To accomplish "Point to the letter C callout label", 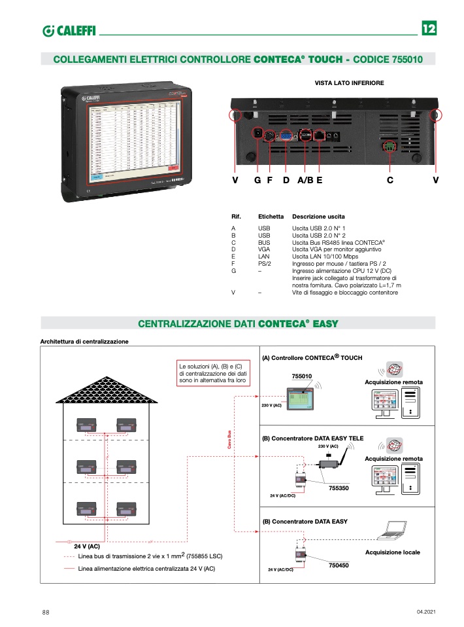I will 389,181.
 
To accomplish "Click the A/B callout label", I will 305,181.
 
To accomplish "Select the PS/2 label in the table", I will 265,264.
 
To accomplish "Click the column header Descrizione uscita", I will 318,216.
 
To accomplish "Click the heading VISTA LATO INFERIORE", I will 349,83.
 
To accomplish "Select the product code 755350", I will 339,488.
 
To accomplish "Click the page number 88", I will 46,612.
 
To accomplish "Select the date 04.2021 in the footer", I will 425,612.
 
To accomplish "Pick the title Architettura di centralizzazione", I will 84,341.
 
